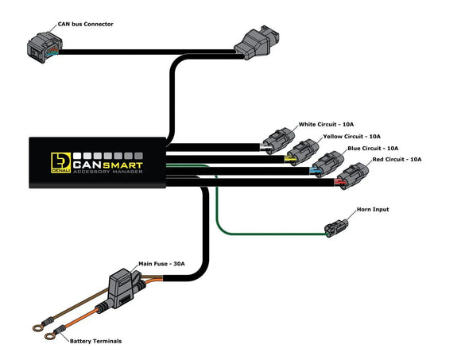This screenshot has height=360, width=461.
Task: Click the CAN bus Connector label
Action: [87, 25]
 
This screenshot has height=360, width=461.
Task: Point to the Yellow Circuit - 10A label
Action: [351, 137]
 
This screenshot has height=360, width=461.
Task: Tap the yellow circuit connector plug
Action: [301, 152]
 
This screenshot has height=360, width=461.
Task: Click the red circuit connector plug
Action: [351, 174]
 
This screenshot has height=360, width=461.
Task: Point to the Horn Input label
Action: [373, 210]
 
